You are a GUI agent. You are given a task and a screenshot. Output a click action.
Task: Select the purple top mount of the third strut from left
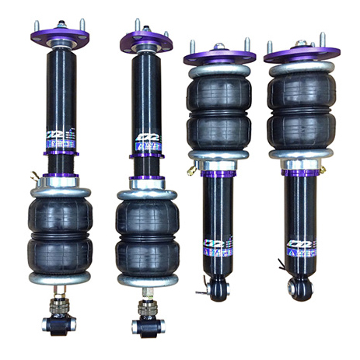220,56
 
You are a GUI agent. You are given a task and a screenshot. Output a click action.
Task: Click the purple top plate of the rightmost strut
302,53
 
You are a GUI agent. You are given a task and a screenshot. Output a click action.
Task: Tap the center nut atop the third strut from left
220,47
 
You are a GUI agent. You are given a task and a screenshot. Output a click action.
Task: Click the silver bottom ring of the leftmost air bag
60,277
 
